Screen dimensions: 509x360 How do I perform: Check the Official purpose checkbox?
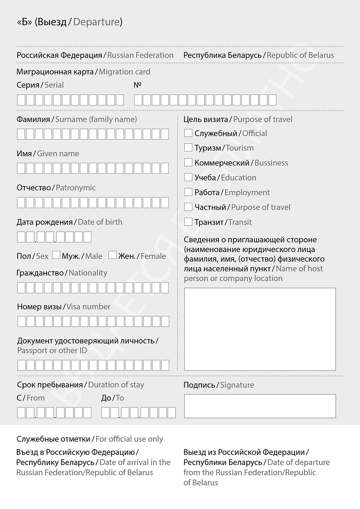(x=188, y=133)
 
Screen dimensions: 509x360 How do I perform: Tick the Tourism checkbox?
(x=188, y=147)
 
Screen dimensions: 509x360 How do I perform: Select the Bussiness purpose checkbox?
(x=188, y=163)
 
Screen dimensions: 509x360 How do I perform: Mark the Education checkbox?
(x=188, y=177)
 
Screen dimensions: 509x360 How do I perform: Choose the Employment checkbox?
(x=188, y=192)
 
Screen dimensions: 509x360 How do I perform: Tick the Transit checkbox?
(x=188, y=222)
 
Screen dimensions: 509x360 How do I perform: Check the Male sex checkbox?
(x=56, y=255)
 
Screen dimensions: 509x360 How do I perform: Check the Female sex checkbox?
(x=113, y=255)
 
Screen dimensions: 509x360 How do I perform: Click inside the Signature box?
(x=260, y=406)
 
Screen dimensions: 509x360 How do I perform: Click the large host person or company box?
(x=260, y=329)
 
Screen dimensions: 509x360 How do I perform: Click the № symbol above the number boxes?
(x=137, y=85)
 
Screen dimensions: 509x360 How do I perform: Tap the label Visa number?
(x=88, y=307)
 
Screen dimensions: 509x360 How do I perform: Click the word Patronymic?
(x=76, y=188)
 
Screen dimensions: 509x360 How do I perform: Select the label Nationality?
(x=88, y=273)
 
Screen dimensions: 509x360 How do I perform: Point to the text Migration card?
(x=124, y=72)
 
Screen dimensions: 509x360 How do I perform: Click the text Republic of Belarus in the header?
(x=300, y=55)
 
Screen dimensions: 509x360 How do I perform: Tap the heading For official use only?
(x=129, y=439)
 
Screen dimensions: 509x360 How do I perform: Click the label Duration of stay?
(x=116, y=385)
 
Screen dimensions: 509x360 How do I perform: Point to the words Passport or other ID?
(x=52, y=351)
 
